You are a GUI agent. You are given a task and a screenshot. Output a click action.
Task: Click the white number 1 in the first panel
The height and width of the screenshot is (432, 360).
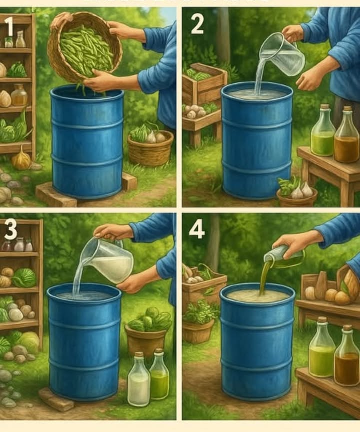(x=9, y=25)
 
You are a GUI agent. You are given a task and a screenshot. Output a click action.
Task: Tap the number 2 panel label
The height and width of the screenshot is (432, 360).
(x=197, y=24)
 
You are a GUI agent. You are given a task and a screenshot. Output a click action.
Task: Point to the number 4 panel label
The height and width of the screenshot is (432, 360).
(x=197, y=229)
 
